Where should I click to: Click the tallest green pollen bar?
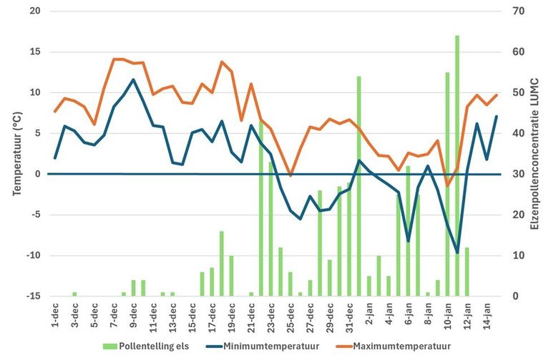coord(457,165)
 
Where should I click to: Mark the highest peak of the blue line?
coord(133,79)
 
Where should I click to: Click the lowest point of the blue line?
coord(457,253)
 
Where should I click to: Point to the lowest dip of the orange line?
coord(448,186)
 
